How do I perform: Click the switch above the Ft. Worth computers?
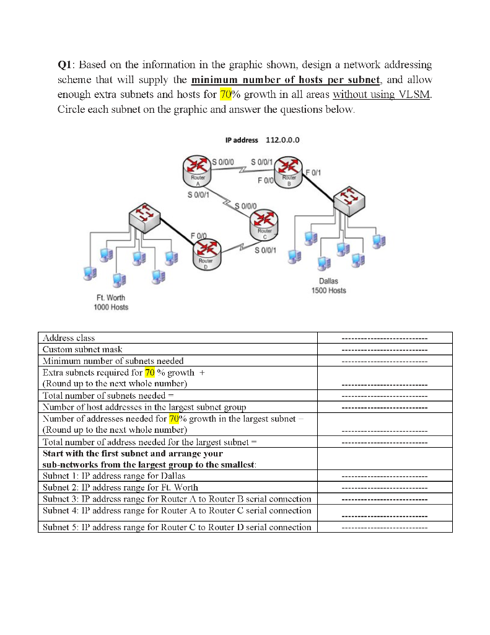[x=144, y=217]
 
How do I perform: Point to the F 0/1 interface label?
[x=313, y=171]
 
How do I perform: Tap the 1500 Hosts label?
[x=329, y=291]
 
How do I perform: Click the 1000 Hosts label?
[x=111, y=308]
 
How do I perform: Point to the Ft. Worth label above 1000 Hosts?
[x=111, y=298]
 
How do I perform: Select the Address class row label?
[x=68, y=338]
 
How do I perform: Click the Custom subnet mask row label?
[x=82, y=349]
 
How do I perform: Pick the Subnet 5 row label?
[x=176, y=527]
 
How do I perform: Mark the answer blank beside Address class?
[x=384, y=339]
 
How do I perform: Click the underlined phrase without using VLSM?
[x=381, y=95]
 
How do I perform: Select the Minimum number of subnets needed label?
[x=112, y=360]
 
